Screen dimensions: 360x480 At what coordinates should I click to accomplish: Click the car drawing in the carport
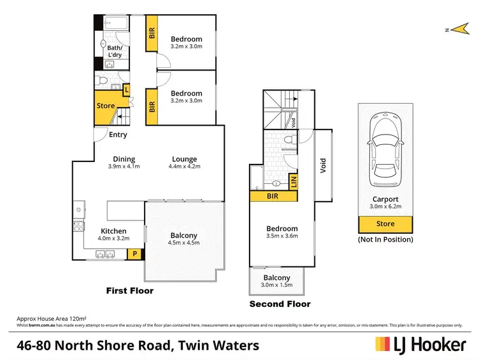click(385, 145)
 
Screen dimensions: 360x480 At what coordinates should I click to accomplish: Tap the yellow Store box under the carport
click(385, 224)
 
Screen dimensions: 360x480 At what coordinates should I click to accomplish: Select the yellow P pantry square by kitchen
click(135, 254)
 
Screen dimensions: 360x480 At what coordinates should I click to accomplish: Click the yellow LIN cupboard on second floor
click(294, 181)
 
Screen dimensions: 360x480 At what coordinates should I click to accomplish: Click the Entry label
click(118, 135)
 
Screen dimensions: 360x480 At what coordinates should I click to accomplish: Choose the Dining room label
click(124, 159)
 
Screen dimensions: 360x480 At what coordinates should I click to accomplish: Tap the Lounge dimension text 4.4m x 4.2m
click(184, 167)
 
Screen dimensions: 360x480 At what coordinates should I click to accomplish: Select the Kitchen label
click(113, 231)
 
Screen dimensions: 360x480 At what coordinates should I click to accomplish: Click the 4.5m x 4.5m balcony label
click(184, 243)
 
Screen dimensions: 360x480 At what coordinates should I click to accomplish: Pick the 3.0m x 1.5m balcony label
click(276, 285)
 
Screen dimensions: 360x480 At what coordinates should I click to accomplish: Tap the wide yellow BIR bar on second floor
click(272, 196)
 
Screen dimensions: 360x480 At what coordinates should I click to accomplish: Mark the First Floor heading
click(129, 291)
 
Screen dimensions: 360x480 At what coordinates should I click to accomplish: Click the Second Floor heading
click(280, 304)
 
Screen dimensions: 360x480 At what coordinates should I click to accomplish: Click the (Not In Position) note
click(385, 239)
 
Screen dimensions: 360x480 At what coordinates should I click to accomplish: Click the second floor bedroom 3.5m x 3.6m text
click(282, 236)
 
